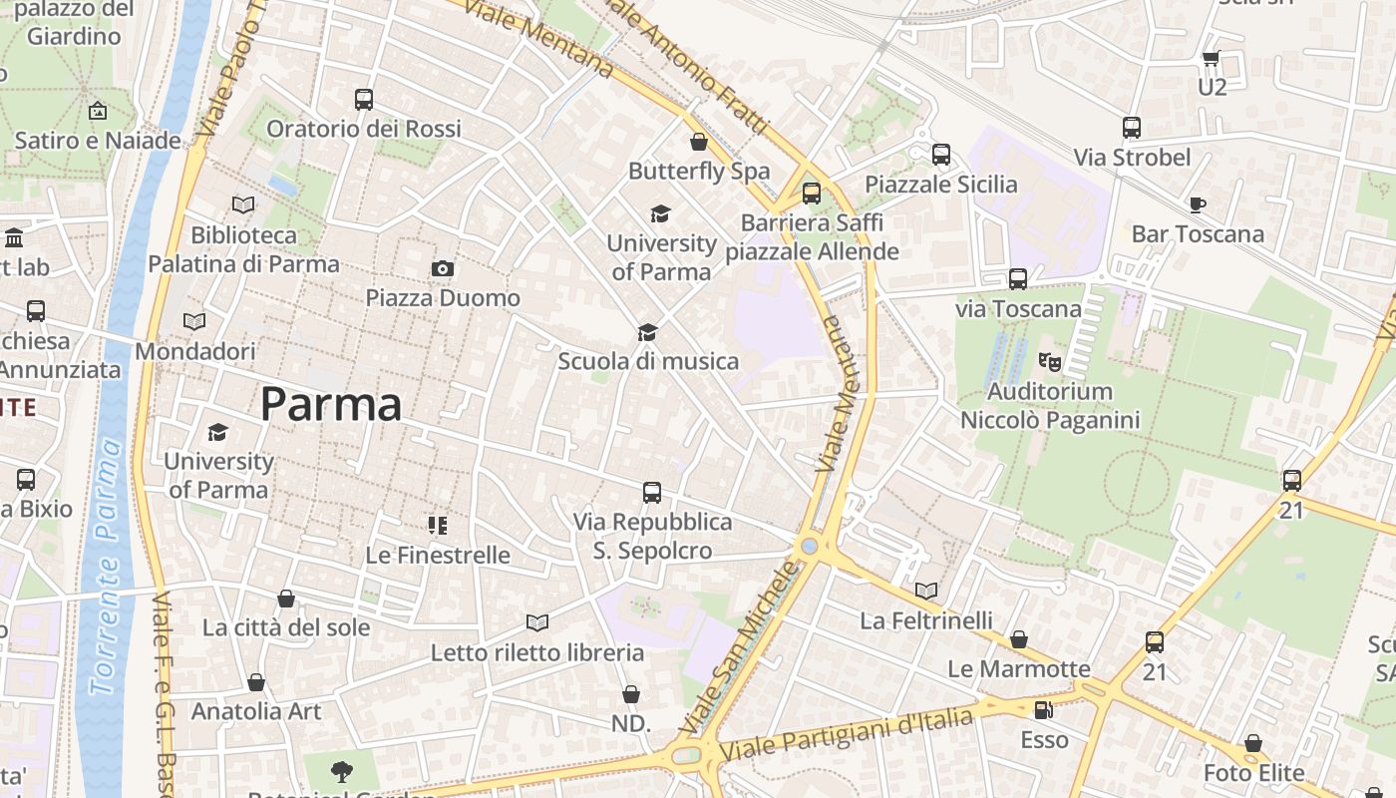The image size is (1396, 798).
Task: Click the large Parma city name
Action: [331, 404]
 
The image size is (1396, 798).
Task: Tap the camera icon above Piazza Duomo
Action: [443, 268]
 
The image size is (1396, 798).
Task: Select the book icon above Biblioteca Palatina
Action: [243, 204]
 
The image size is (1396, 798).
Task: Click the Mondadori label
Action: [195, 351]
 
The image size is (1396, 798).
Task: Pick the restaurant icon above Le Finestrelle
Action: [438, 525]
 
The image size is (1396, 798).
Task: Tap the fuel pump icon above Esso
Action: [1044, 710]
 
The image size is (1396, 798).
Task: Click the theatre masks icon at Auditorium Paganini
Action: [1049, 361]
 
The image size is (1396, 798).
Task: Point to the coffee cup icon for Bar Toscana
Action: [1198, 204]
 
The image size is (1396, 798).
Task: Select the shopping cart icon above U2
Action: [1212, 58]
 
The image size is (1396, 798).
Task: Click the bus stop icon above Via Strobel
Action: [1132, 128]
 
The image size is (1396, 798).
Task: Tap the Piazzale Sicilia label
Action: [941, 185]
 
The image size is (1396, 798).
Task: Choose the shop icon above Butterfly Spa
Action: [699, 142]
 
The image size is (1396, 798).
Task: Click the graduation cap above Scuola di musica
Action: [648, 332]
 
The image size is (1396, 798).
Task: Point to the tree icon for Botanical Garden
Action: [342, 771]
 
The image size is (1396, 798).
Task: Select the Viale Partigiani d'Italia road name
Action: [846, 733]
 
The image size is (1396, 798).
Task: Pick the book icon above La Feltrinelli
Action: [926, 592]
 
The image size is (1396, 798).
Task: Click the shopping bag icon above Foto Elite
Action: [1253, 744]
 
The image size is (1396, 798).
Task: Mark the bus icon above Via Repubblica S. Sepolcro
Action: [652, 492]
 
